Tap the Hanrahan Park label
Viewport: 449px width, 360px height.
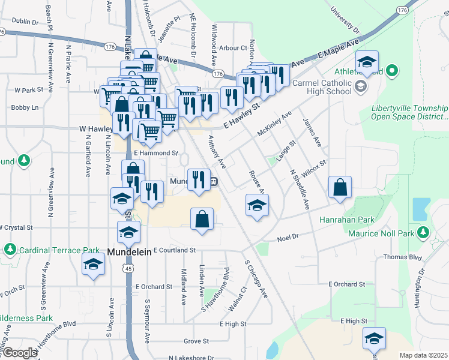click(376, 220)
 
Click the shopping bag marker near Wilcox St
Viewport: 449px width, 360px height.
click(340, 187)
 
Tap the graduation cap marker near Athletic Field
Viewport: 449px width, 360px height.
click(367, 62)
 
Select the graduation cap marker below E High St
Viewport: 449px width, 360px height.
click(374, 339)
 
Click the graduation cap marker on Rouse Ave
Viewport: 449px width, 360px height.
click(256, 206)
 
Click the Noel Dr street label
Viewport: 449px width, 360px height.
click(288, 238)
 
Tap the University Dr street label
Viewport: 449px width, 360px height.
click(345, 20)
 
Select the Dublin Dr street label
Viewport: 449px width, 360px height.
click(25, 21)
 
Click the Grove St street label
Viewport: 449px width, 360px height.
click(196, 341)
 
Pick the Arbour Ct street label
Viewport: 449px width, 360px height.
click(234, 48)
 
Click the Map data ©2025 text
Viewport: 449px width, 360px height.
click(423, 355)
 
